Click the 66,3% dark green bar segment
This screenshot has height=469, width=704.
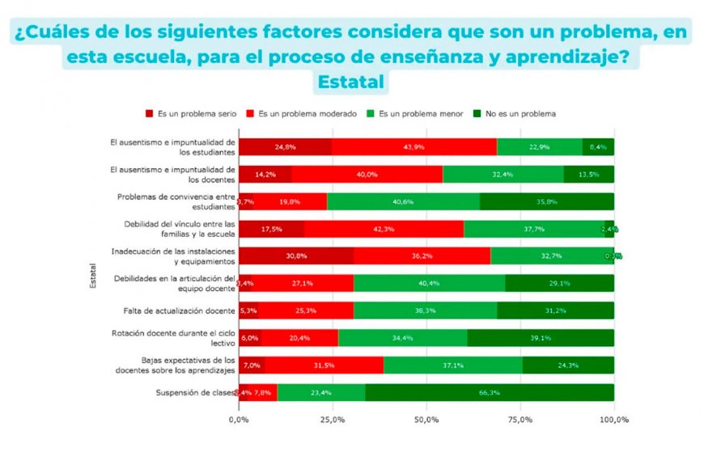tap(489, 393)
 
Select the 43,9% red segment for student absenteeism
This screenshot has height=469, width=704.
tap(413, 147)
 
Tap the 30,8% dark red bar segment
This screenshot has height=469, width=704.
tap(295, 256)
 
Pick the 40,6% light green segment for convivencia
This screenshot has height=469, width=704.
tap(403, 201)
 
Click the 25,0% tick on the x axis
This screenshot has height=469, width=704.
tap(333, 420)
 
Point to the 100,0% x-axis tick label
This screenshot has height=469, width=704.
tap(613, 420)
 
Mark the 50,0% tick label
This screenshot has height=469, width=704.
tap(426, 420)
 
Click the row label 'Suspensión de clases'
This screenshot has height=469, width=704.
tap(194, 393)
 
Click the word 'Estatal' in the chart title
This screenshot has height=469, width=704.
tap(352, 82)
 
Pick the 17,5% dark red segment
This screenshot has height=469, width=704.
tap(270, 229)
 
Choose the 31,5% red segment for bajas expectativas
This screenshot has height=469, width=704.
tap(324, 365)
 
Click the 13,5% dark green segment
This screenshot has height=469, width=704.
tap(589, 174)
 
